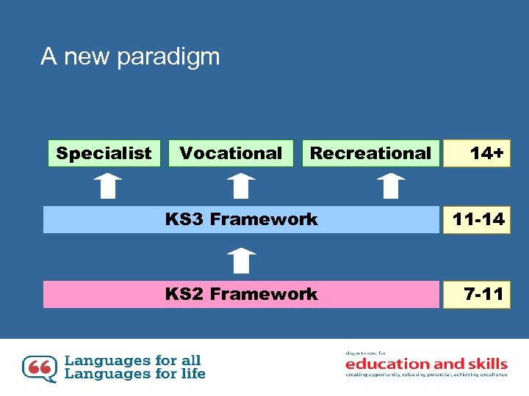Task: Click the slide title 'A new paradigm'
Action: tap(130, 56)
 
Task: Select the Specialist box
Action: tap(104, 153)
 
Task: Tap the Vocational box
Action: tap(231, 153)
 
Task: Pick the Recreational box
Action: tap(370, 153)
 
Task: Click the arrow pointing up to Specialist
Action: tap(108, 186)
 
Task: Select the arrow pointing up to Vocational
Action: tap(240, 186)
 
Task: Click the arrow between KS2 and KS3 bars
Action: tap(240, 260)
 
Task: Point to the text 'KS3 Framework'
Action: tap(241, 219)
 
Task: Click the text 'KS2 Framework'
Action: tap(241, 294)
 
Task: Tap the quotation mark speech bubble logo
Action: tap(39, 368)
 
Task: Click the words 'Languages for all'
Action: tap(132, 360)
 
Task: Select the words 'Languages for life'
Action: tap(135, 374)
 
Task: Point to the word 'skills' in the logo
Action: tap(488, 364)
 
